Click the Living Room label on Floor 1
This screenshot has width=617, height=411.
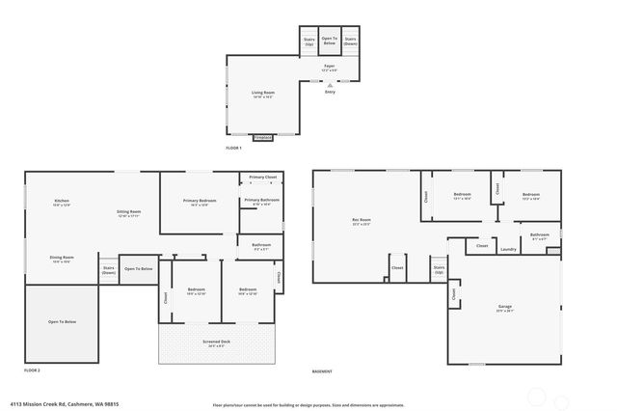[x=263, y=95]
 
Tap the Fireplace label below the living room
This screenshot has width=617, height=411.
[x=262, y=138]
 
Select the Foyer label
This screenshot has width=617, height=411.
[x=329, y=68]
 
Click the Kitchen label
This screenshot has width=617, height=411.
[x=62, y=203]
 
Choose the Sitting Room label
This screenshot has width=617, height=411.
[x=129, y=213]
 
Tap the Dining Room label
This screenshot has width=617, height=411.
[x=62, y=259]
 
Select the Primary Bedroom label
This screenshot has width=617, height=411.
[x=200, y=202]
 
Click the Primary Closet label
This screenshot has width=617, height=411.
[x=262, y=178]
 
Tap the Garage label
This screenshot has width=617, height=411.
[x=505, y=309]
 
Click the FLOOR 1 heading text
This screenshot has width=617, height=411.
[x=233, y=149]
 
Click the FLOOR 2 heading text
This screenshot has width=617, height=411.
[x=32, y=370]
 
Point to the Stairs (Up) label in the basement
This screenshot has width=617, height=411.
[x=439, y=270]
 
